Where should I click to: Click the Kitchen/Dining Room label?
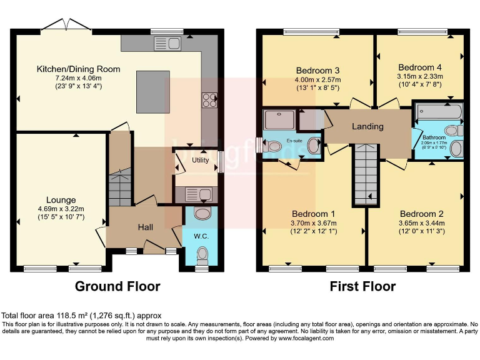coord(78,69)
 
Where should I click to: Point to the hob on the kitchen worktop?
coord(209,101)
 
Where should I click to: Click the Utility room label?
coord(200,161)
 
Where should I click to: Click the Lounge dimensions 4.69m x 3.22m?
coord(60,209)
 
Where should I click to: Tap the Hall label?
coord(145,227)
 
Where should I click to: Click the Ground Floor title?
coord(117,287)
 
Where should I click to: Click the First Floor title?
coord(362,287)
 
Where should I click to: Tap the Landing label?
coord(367,126)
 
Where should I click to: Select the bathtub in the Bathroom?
coord(440,113)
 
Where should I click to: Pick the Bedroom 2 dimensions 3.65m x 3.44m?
coord(421,224)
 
